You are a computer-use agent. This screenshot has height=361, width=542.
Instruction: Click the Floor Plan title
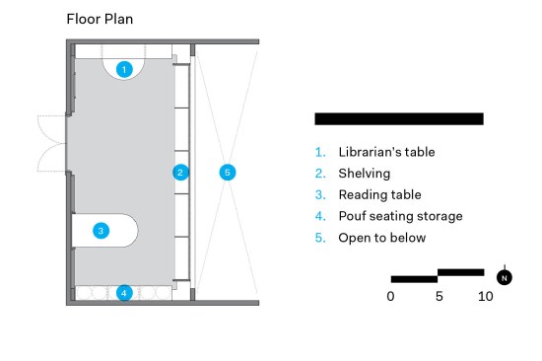click(x=100, y=19)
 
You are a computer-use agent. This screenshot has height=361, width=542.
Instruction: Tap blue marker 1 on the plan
click(x=124, y=70)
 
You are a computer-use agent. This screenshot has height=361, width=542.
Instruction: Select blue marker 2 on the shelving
click(x=180, y=172)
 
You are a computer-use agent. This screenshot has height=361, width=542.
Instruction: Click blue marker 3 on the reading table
click(x=102, y=231)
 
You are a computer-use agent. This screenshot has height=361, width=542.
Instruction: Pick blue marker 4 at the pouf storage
click(x=124, y=293)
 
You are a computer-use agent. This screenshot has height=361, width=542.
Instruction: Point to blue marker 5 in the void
click(x=228, y=172)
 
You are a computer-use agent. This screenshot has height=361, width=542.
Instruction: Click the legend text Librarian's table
click(x=386, y=152)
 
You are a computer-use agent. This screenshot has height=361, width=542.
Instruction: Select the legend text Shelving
click(x=365, y=174)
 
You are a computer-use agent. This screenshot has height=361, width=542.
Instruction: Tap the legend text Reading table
click(x=379, y=195)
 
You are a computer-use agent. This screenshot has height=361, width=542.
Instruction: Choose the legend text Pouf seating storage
click(x=400, y=216)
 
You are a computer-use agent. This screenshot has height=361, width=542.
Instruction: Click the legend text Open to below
click(x=382, y=238)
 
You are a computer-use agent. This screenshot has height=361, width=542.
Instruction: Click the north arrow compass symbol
click(x=505, y=277)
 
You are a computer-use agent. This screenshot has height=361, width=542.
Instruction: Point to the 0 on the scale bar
click(x=390, y=296)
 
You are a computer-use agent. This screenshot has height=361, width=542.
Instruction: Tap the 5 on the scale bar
click(x=439, y=296)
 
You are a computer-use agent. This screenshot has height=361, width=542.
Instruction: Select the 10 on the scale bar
click(x=486, y=296)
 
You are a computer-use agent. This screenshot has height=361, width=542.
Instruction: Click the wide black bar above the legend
click(x=399, y=118)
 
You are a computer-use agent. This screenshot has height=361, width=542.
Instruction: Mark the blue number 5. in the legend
click(x=320, y=238)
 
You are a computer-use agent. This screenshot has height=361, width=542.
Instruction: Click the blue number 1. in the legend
click(x=320, y=152)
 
